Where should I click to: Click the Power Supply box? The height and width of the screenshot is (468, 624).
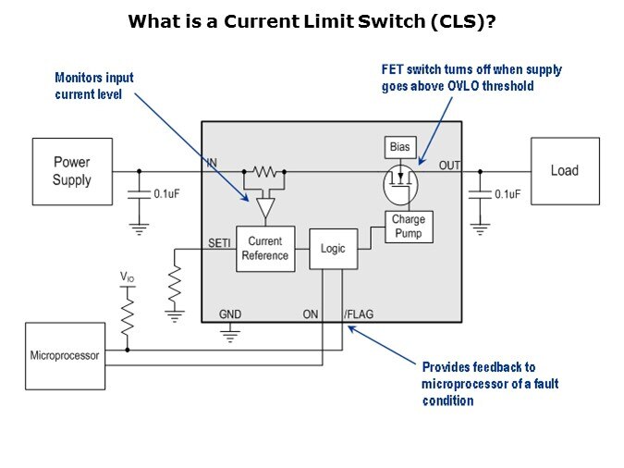pos(72,171)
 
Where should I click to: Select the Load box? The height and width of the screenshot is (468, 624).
pos(564,170)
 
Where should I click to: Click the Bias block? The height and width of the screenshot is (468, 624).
pos(399,146)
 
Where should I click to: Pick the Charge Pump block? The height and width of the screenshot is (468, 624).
pos(408,227)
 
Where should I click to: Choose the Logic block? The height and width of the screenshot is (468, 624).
pos(332,248)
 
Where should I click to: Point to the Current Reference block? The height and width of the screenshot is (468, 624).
pos(265,249)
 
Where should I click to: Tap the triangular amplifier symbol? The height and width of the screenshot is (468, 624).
pos(266,208)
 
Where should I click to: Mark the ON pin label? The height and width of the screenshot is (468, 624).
pos(311,314)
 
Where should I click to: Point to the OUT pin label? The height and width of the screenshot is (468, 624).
pos(449,165)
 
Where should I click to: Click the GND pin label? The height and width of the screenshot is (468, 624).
pos(230,314)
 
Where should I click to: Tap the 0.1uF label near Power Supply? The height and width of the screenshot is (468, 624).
pos(166,194)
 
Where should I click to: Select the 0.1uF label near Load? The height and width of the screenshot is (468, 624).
pos(508,194)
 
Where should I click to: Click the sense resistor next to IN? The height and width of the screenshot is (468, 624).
pos(266,171)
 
